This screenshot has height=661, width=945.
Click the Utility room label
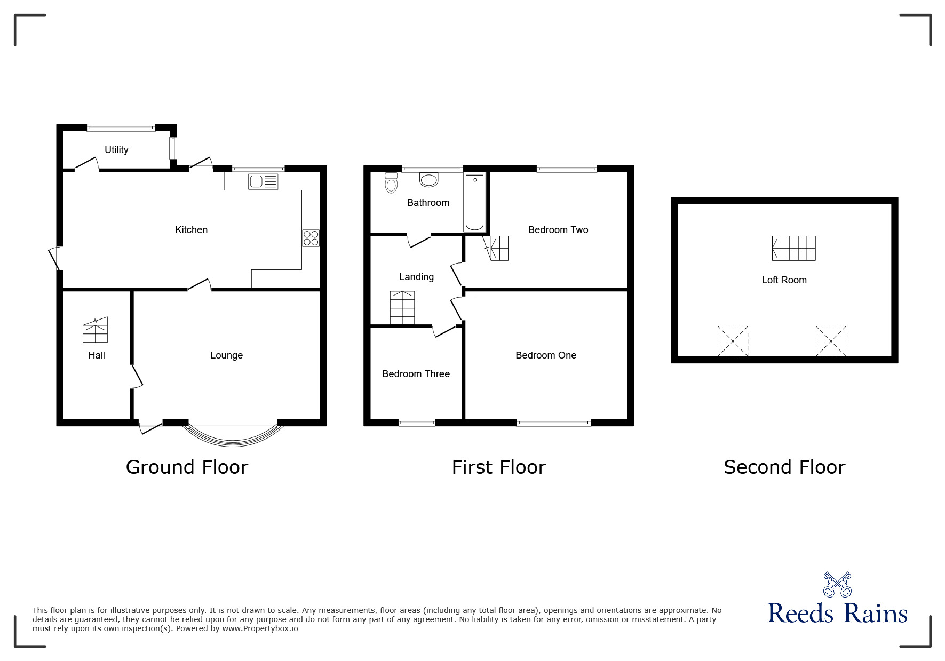116,150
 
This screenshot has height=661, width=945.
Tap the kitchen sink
263,181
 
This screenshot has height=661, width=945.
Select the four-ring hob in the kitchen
311,237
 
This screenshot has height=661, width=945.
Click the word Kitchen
191,230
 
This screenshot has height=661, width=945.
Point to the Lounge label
226,355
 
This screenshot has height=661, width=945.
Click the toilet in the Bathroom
391,182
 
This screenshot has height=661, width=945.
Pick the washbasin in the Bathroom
429,179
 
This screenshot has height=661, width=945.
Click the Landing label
416,277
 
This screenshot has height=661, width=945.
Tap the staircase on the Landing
402,308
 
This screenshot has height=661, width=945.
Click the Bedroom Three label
416,374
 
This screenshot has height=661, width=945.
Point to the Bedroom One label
545,355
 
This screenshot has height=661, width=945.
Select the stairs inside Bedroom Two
498,248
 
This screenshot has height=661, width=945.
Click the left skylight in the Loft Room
733,341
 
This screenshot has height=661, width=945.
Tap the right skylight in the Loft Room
831,341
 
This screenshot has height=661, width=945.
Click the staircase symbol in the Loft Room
793,248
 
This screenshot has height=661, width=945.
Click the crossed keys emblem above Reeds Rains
837,585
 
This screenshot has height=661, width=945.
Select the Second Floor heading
784,467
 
